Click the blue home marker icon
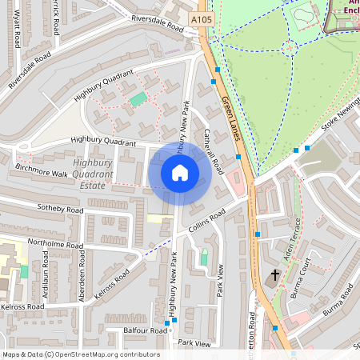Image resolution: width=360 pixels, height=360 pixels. [180, 173]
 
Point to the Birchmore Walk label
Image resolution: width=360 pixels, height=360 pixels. [42, 172]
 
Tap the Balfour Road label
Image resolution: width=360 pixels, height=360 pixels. [146, 330]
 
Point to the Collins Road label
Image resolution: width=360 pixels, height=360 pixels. [210, 218]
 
